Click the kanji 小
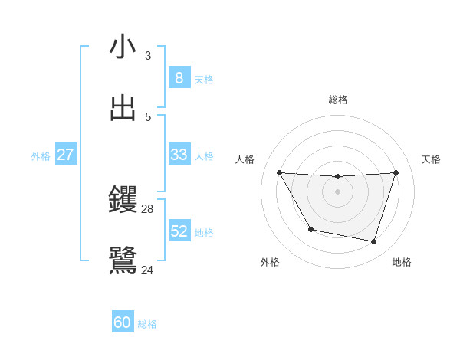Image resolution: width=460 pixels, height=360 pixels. [x=123, y=47]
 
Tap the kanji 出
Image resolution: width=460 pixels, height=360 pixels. [x=123, y=108]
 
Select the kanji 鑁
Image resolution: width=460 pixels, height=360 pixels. [x=123, y=200]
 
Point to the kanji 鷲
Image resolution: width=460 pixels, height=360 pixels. [x=123, y=260]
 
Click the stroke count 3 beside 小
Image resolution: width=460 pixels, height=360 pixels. [x=148, y=56]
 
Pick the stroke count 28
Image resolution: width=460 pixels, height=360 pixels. [x=148, y=208]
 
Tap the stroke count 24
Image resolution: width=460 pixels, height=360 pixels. [x=148, y=270]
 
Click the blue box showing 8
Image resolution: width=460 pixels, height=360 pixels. [x=179, y=78]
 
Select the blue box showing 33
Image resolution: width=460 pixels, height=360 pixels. [x=179, y=155]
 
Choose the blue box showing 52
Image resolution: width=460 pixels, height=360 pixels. [x=179, y=231]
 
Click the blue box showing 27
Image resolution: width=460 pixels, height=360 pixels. [x=65, y=155]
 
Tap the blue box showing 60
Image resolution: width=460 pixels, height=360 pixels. [x=122, y=323]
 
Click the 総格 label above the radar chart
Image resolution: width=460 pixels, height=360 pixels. [x=337, y=100]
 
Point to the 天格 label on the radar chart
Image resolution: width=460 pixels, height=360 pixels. [x=431, y=159]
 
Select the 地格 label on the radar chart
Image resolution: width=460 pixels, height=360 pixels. [x=402, y=262]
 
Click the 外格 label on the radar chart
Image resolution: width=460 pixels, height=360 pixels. [x=270, y=262]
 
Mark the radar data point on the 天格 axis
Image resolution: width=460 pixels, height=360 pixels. [x=396, y=172]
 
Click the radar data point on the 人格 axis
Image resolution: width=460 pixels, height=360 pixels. [x=279, y=172]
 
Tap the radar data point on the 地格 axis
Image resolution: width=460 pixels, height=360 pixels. [x=373, y=241]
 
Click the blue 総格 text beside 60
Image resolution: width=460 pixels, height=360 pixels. [x=147, y=324]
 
